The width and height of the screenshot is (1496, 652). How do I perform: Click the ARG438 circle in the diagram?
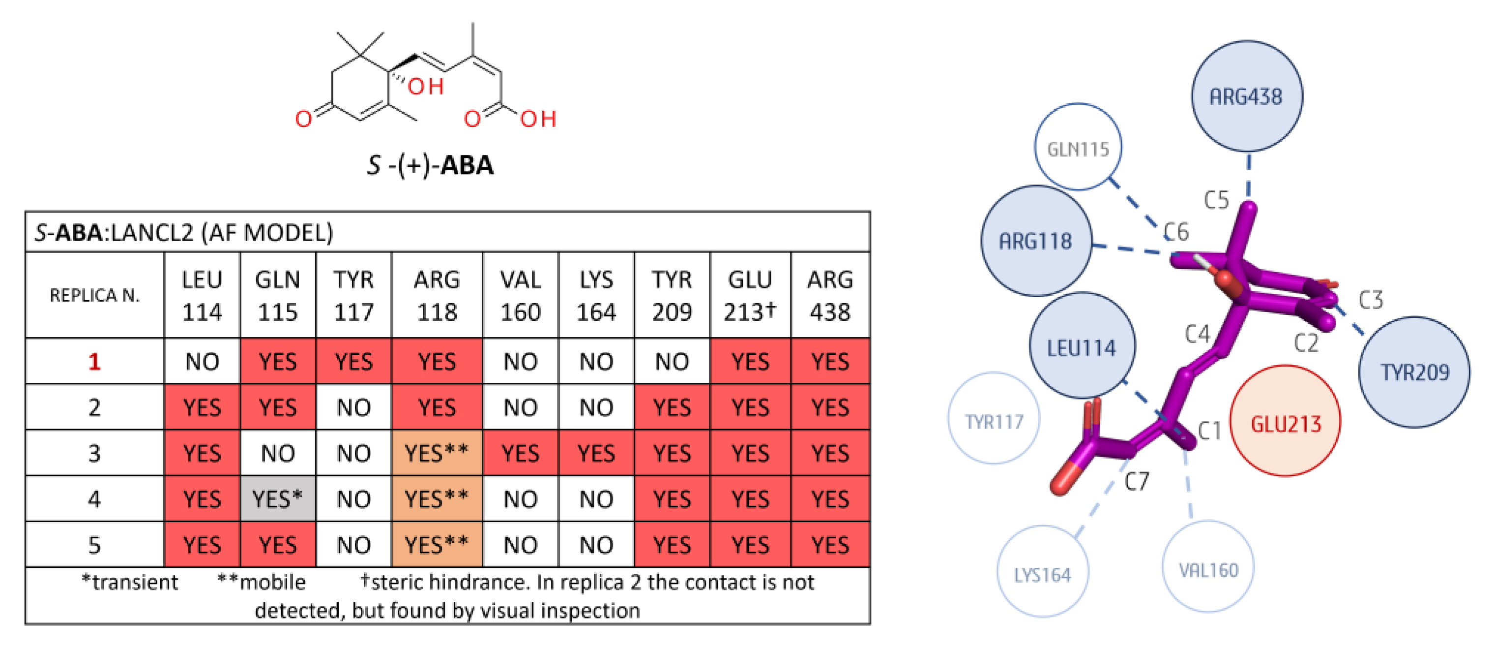1246,96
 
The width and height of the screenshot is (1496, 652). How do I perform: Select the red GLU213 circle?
1285,421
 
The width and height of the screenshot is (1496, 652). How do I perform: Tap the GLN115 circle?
1078,148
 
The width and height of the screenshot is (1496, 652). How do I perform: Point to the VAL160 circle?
1208,568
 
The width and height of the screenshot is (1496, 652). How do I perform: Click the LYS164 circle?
1042,572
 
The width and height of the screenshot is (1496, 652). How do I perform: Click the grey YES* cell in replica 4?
278,498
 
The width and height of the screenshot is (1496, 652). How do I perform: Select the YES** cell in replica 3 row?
437,453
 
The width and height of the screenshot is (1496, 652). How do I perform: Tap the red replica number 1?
94,362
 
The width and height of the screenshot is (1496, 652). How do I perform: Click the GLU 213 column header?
750,295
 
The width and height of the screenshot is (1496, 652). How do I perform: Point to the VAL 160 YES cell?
520,453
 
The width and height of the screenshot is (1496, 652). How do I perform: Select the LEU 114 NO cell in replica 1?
202,362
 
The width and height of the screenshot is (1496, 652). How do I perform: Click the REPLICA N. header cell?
94,295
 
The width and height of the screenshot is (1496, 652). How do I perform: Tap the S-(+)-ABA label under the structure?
430,165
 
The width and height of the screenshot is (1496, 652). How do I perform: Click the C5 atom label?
1216,200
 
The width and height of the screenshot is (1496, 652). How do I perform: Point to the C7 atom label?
1136,481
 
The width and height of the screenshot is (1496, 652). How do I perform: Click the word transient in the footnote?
135,582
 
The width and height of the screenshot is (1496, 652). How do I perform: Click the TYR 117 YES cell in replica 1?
353,362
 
